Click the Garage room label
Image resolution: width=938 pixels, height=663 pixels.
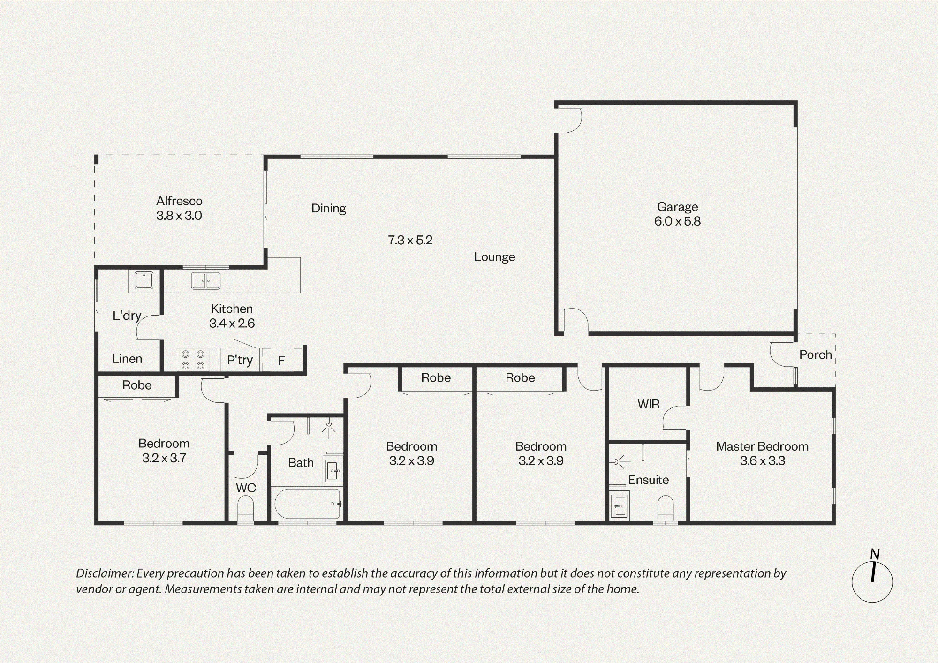(677, 207)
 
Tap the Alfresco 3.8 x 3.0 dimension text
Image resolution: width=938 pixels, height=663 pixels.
(179, 216)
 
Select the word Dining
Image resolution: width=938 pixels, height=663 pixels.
(329, 209)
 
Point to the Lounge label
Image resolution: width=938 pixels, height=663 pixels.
(494, 257)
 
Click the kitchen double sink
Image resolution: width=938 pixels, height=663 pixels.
(206, 281)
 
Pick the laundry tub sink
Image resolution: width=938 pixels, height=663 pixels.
(144, 280)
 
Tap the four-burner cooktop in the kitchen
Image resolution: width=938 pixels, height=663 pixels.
(193, 360)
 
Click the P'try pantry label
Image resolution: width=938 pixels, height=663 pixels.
(240, 360)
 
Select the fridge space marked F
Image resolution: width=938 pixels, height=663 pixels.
(281, 360)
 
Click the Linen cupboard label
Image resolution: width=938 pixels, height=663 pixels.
(127, 359)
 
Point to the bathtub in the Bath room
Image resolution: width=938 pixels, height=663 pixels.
(307, 504)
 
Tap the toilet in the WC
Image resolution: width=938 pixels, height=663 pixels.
(246, 508)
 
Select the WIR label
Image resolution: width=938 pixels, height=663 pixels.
(649, 404)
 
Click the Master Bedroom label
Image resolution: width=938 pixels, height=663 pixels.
(762, 446)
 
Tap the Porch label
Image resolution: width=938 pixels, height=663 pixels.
(816, 355)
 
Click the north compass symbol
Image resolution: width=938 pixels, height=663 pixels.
(872, 578)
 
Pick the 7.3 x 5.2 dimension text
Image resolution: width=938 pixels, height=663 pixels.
(410, 240)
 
